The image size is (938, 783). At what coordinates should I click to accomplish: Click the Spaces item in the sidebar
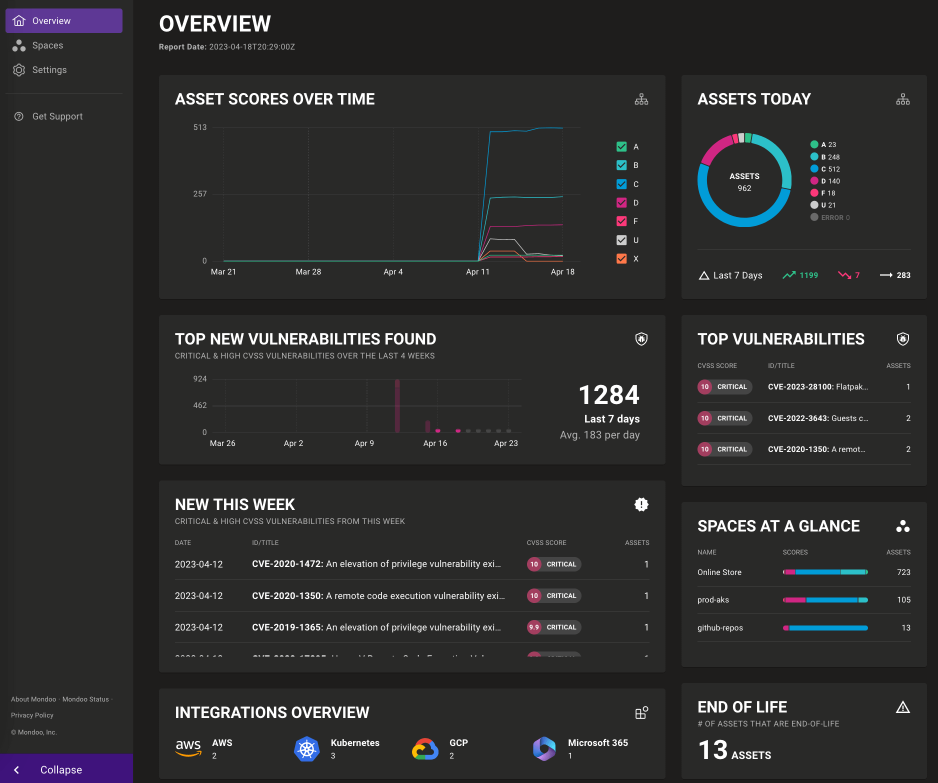pyautogui.click(x=47, y=45)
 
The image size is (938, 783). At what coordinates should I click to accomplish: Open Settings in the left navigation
pyautogui.click(x=49, y=70)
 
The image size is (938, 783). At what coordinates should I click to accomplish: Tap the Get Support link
pyautogui.click(x=57, y=116)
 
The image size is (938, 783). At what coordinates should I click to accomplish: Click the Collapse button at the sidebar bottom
pyautogui.click(x=60, y=769)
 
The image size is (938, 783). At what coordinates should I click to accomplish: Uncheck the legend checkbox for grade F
pyautogui.click(x=621, y=221)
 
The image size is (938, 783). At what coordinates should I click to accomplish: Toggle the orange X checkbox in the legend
pyautogui.click(x=621, y=258)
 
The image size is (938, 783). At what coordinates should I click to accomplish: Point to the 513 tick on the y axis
pyautogui.click(x=199, y=127)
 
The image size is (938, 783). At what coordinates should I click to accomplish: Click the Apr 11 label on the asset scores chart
pyautogui.click(x=477, y=272)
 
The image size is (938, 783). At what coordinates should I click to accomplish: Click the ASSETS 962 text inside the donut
pyautogui.click(x=744, y=182)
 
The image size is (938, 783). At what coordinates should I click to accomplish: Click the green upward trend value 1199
pyautogui.click(x=808, y=275)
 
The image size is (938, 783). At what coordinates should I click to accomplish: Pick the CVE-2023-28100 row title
pyautogui.click(x=817, y=387)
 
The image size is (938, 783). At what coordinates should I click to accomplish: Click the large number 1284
pyautogui.click(x=608, y=395)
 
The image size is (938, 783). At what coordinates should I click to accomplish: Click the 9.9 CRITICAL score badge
pyautogui.click(x=553, y=627)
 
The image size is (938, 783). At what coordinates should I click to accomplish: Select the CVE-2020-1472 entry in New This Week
pyautogui.click(x=376, y=564)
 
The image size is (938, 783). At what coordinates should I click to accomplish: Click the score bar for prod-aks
pyautogui.click(x=825, y=600)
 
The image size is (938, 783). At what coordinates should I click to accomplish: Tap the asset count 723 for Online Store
pyautogui.click(x=903, y=572)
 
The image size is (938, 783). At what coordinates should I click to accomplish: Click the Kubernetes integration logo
pyautogui.click(x=306, y=748)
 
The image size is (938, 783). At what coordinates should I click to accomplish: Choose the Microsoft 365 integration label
pyautogui.click(x=597, y=743)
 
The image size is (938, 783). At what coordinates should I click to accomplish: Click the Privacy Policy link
pyautogui.click(x=32, y=715)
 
